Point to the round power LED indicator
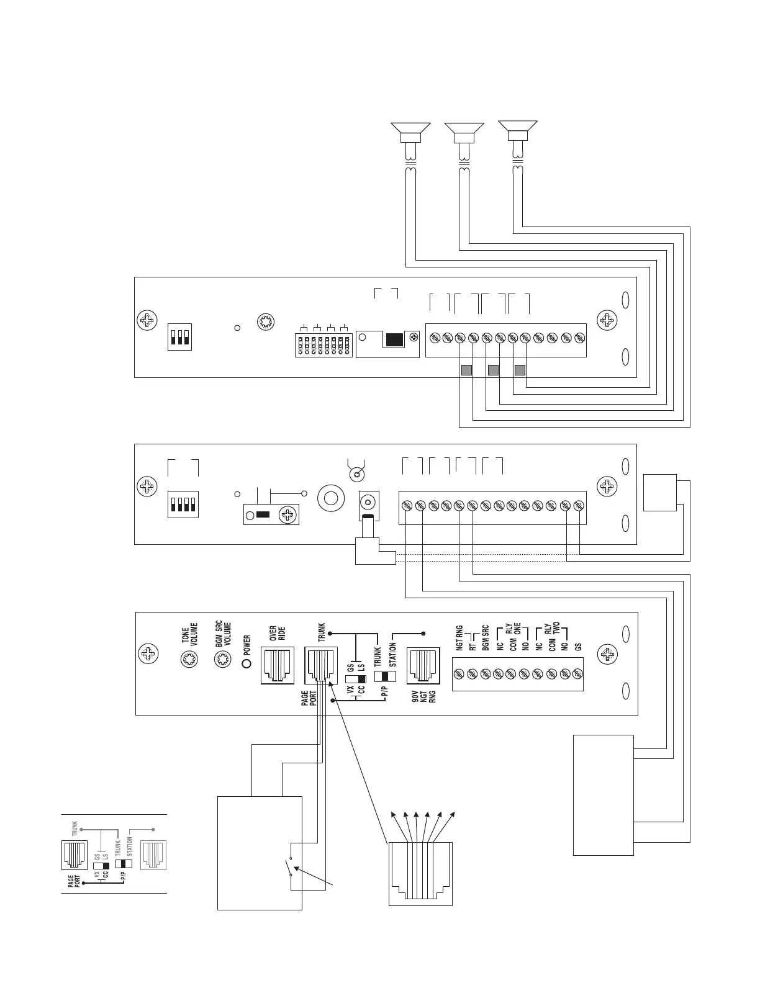point(247,663)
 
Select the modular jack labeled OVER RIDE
point(278,665)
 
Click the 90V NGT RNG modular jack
point(423,665)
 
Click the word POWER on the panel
point(247,645)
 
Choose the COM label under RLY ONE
point(513,644)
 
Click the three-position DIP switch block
point(179,337)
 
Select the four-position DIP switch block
point(183,505)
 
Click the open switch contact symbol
point(290,867)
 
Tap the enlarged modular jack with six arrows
point(420,874)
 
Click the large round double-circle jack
point(332,498)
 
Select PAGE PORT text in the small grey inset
point(74,894)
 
